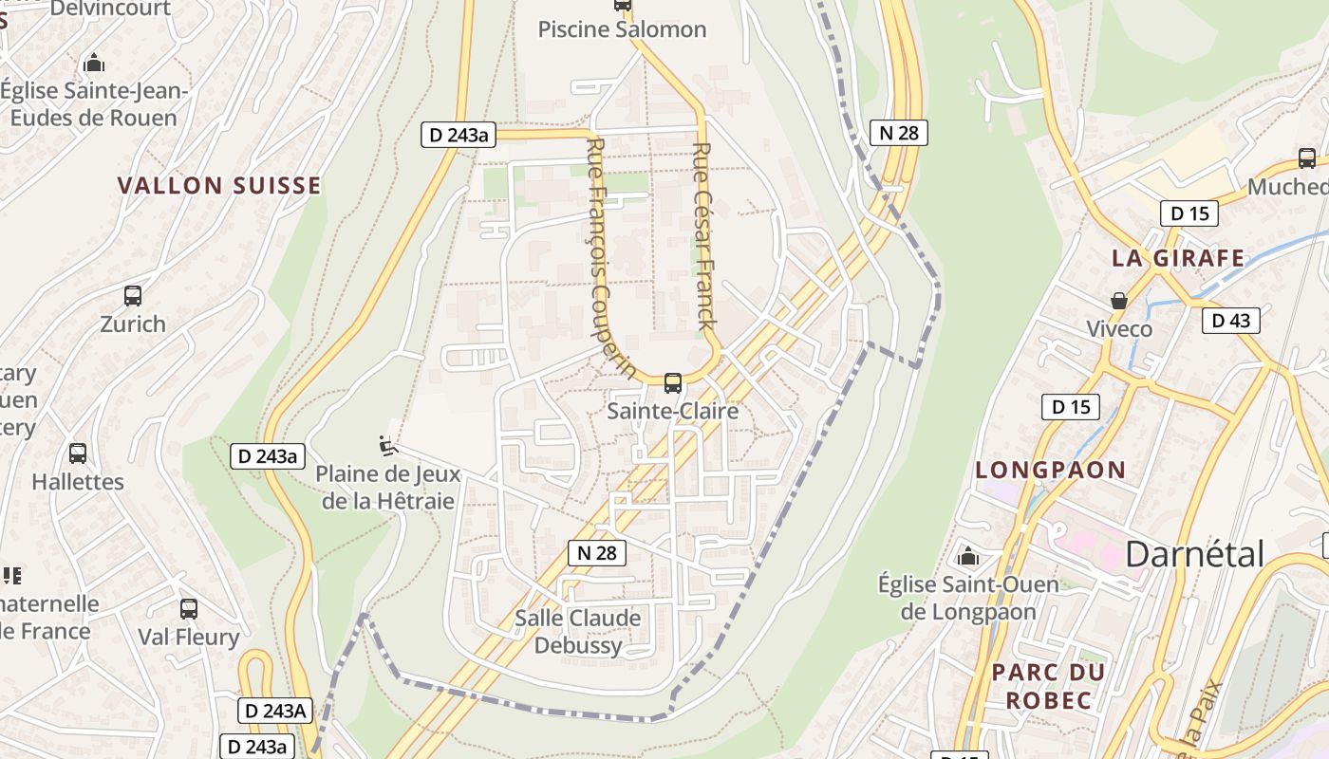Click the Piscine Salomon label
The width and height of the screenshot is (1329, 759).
point(622,29)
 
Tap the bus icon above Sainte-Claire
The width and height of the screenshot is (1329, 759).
point(672,383)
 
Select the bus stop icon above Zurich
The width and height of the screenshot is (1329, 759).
point(133,296)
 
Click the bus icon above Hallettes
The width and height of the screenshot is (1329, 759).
point(78,454)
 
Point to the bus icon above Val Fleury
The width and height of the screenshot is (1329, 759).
point(189,609)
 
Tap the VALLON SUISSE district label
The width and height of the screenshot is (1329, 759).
point(219,185)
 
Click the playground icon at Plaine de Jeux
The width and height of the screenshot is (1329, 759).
point(387,443)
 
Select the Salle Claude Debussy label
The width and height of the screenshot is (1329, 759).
point(577,632)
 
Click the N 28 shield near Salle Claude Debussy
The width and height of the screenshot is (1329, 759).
point(597,553)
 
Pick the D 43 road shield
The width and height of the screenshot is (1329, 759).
point(1231,321)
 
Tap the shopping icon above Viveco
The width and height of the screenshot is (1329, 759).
point(1119,301)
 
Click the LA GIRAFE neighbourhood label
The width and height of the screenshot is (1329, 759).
point(1178,258)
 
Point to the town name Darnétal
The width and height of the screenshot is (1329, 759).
point(1194,554)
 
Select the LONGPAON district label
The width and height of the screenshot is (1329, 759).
point(1050,470)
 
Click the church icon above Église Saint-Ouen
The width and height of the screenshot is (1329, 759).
point(968,556)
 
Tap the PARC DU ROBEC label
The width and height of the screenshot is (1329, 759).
point(1048,686)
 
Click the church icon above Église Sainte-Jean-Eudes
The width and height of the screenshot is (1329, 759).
point(94,64)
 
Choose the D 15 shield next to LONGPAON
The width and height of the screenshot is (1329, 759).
point(1070,408)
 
